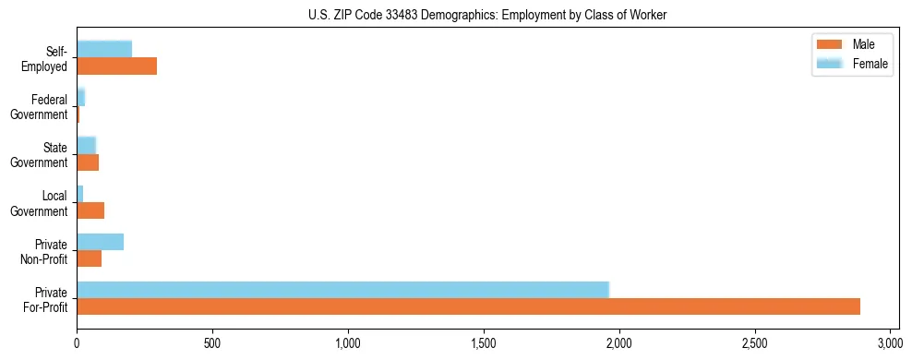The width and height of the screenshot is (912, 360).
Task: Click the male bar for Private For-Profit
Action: pos(468,306)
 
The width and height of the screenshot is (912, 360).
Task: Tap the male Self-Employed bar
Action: pos(116,66)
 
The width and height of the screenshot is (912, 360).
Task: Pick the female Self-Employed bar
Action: pos(104,49)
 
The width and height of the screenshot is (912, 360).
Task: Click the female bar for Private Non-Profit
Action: pos(100,242)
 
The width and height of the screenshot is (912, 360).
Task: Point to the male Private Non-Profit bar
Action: pos(89,258)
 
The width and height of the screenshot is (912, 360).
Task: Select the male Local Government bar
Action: pos(90,210)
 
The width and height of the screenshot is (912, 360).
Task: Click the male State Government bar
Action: pos(88,162)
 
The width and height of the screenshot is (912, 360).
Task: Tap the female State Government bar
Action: pos(86,145)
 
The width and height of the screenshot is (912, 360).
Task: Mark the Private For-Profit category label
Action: pos(45,299)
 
